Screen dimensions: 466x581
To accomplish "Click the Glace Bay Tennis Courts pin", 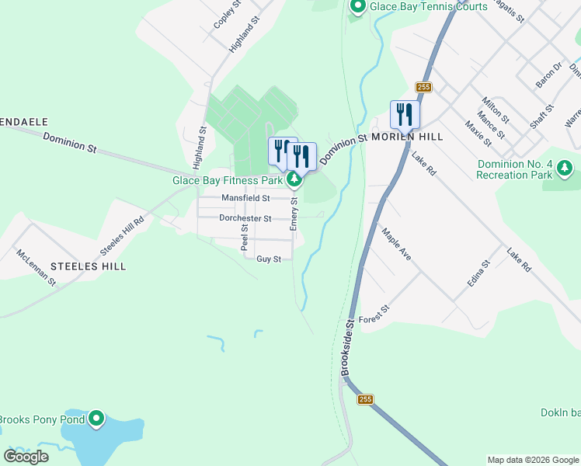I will coord(358,7).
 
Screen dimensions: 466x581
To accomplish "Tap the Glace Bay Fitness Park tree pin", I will coord(294,180).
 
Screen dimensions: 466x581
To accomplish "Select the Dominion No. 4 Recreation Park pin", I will coord(565,168).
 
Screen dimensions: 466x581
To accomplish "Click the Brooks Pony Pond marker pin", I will coord(96,419).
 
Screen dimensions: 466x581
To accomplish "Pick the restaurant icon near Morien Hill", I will coord(405,115).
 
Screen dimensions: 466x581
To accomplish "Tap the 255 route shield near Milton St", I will coord(423,87).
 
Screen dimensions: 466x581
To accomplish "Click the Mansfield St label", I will coord(245,198).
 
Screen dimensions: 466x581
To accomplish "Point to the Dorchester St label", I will coord(245,218).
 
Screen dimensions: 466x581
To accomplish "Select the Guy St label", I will coord(268,259).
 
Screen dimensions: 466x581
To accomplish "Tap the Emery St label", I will coord(294,212).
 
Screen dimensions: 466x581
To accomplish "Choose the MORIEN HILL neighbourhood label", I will coord(407,137).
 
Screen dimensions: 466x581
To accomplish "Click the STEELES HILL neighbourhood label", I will coord(88,266).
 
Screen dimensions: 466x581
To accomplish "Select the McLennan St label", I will coord(36,266).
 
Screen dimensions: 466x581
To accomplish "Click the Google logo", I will coord(26,457).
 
